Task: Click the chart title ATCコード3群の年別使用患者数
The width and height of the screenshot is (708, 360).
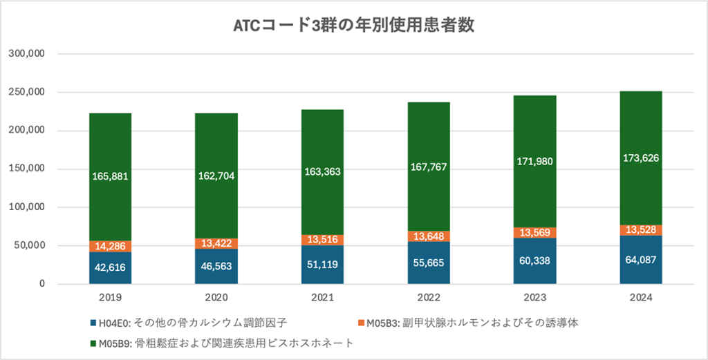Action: [x=353, y=26]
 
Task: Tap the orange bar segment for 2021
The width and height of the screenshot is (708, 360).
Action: [x=322, y=240]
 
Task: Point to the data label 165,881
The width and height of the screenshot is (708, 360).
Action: [x=110, y=176]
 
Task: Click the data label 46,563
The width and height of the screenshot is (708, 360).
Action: [x=216, y=266]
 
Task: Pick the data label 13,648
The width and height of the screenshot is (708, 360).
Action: [x=429, y=236]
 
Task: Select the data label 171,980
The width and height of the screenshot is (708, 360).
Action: [x=534, y=162]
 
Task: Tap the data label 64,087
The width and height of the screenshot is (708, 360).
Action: [x=641, y=260]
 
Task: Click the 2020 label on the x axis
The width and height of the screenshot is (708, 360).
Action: [x=216, y=298]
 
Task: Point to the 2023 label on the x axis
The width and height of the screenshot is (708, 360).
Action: [x=534, y=298]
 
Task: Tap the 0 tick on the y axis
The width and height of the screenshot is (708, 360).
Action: [x=42, y=284]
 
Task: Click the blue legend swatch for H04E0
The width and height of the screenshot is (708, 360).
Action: [x=93, y=323]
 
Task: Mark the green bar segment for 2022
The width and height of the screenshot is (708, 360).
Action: [x=429, y=138]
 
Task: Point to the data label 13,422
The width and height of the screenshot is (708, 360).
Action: [x=216, y=243]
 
